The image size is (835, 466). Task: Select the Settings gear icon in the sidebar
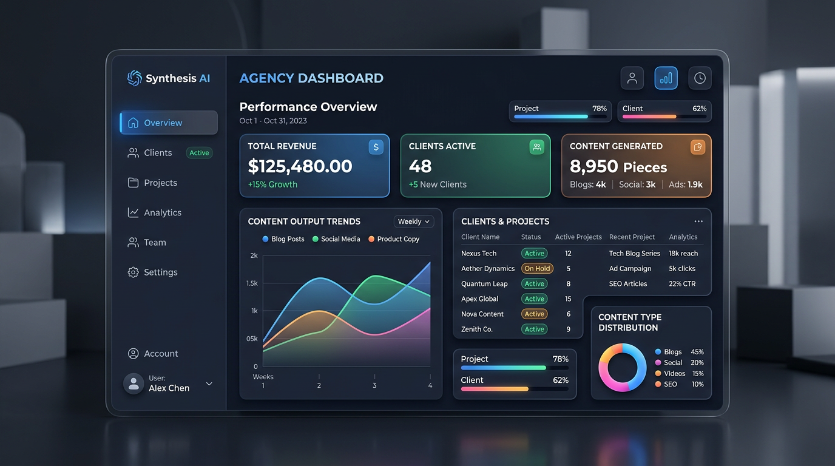[133, 272]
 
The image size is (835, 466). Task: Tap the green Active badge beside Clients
[199, 153]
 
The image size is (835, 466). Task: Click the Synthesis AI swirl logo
[134, 78]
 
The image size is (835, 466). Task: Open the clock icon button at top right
[700, 78]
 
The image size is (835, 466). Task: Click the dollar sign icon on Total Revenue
[376, 147]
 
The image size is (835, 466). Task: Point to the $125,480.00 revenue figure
[300, 166]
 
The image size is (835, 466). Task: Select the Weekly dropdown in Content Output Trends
[414, 221]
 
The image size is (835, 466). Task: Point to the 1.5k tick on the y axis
[252, 283]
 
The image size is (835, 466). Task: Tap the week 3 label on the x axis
[374, 385]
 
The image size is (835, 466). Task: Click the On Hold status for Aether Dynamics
[537, 269]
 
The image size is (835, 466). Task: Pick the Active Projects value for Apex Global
[568, 299]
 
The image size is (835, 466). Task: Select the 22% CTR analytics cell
[682, 284]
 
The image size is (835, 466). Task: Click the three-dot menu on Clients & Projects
[698, 221]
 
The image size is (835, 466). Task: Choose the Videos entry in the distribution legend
[674, 374]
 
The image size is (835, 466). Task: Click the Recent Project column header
[632, 237]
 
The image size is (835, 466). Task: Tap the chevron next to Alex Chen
[209, 383]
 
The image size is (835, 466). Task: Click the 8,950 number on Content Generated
[593, 167]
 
